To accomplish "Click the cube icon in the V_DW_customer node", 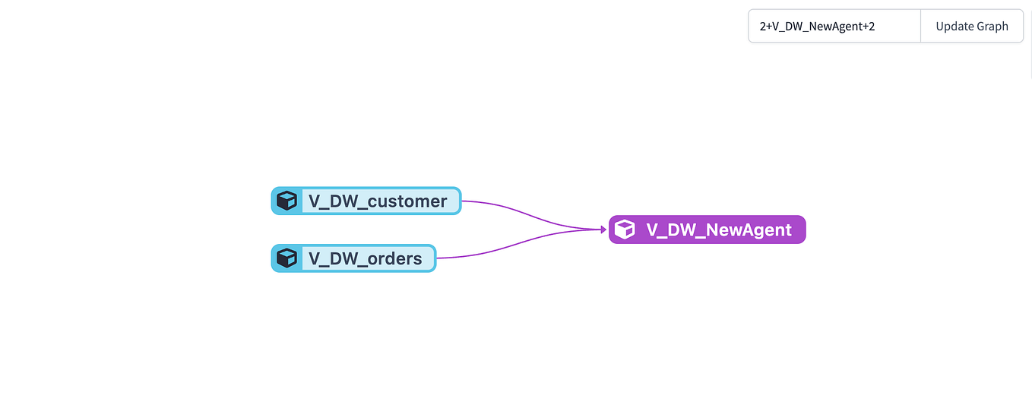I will (286, 201).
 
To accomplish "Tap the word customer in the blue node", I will (407, 201).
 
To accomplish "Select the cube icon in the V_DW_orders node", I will (286, 258).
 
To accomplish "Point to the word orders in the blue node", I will (394, 259).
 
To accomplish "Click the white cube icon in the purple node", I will (625, 230).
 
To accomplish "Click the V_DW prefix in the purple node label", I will (672, 230).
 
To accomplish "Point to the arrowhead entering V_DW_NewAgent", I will (604, 229).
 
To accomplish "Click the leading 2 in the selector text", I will (763, 27).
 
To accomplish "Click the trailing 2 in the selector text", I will (872, 27).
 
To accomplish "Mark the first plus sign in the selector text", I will (769, 27).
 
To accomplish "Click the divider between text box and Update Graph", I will (921, 26).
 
